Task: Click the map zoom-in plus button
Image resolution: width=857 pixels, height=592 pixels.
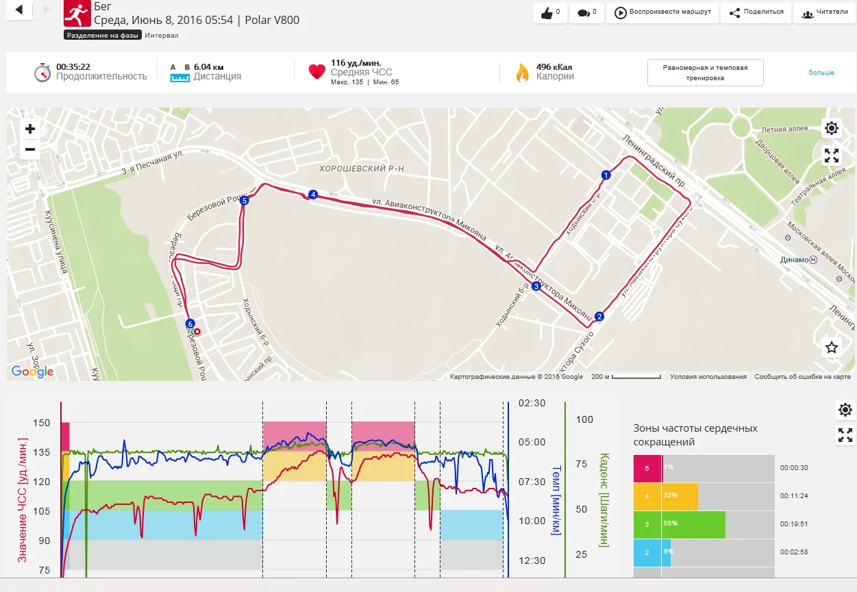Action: click(x=30, y=129)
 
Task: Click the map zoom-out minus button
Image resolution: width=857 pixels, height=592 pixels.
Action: click(x=30, y=149)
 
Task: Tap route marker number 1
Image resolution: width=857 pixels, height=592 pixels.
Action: click(x=605, y=175)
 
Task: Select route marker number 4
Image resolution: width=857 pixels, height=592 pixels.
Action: click(x=313, y=195)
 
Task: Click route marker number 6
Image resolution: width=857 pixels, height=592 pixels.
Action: click(x=190, y=323)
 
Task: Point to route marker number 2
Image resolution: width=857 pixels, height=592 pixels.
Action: click(x=599, y=317)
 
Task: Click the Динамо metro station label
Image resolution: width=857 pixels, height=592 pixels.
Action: click(x=794, y=260)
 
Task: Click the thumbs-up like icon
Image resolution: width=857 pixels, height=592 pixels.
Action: click(x=547, y=13)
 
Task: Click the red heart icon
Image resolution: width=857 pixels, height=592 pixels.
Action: click(x=316, y=72)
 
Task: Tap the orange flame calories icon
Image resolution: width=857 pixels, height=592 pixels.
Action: click(x=523, y=72)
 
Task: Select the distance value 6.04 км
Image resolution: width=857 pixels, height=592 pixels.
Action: click(x=208, y=66)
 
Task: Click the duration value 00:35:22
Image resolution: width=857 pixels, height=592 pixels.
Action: click(x=73, y=66)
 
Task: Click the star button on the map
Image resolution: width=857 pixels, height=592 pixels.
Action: click(x=832, y=347)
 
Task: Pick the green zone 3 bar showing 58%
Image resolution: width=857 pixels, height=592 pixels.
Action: click(x=679, y=525)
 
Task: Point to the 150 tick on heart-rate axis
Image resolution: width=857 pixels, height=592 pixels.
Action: click(x=42, y=423)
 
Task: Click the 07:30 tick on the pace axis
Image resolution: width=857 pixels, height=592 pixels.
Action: click(x=532, y=482)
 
